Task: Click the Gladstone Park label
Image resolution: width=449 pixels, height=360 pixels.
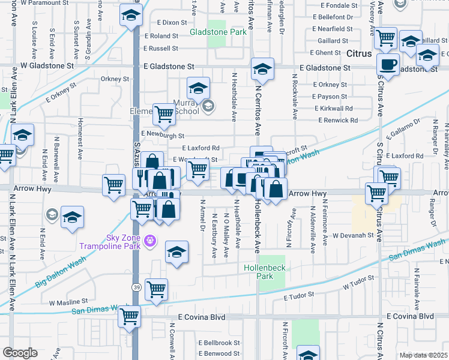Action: tap(218, 31)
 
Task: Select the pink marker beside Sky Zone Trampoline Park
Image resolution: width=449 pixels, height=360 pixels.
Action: tap(149, 242)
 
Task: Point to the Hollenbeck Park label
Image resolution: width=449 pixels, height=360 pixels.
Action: tap(259, 272)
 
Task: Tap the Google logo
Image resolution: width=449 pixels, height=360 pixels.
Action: tap(20, 353)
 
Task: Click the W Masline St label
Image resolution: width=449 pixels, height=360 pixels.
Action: tap(68, 301)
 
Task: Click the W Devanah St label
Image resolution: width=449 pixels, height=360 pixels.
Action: tap(354, 236)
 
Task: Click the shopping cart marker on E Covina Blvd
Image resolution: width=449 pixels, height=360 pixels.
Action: tap(130, 316)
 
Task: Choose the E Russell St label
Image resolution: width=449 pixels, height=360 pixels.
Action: tap(161, 49)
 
